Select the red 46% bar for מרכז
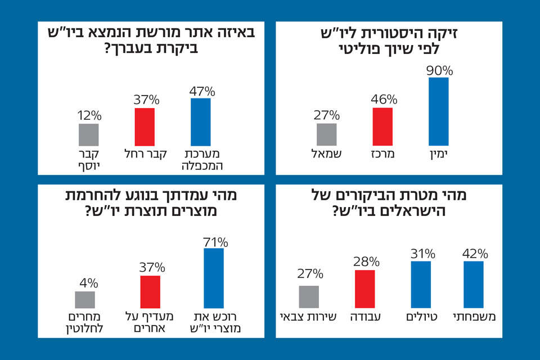(x=383, y=127)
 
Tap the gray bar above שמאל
(x=327, y=134)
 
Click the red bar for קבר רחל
(x=145, y=127)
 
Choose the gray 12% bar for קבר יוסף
(x=89, y=134)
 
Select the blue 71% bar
(x=214, y=278)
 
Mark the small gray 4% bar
(x=85, y=299)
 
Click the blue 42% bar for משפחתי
(x=474, y=285)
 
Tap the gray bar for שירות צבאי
(x=309, y=296)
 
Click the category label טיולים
(x=421, y=317)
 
